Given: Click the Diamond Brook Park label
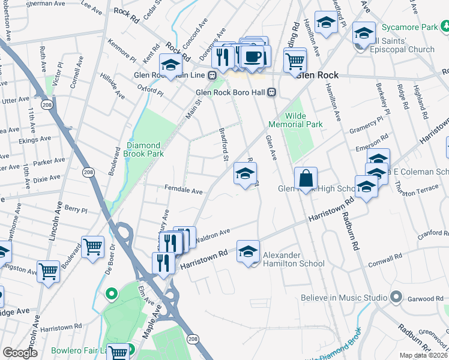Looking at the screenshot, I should [143, 149].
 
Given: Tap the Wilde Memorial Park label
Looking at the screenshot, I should [295, 120].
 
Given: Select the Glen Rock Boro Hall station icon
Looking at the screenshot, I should [272, 92].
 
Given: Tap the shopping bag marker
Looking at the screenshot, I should [306, 178].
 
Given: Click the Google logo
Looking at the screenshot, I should [20, 353].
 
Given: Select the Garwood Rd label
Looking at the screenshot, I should [427, 298].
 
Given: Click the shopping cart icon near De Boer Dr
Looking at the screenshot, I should [92, 247].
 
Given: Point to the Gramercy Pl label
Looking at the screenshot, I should [367, 127].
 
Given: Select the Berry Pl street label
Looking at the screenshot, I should [76, 209].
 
